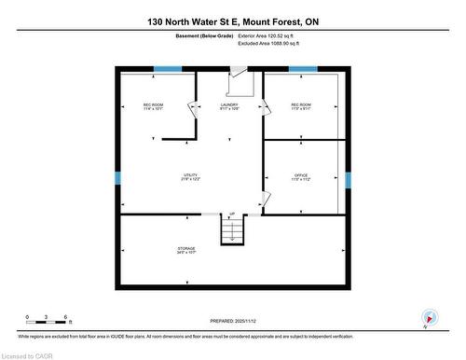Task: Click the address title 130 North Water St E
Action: click(232, 21)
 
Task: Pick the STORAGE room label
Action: click(186, 250)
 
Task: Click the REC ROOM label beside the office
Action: click(301, 106)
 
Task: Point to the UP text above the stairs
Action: click(231, 213)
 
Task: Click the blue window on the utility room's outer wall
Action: click(117, 178)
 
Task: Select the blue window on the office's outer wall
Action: click(348, 179)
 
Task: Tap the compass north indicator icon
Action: click(428, 316)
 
